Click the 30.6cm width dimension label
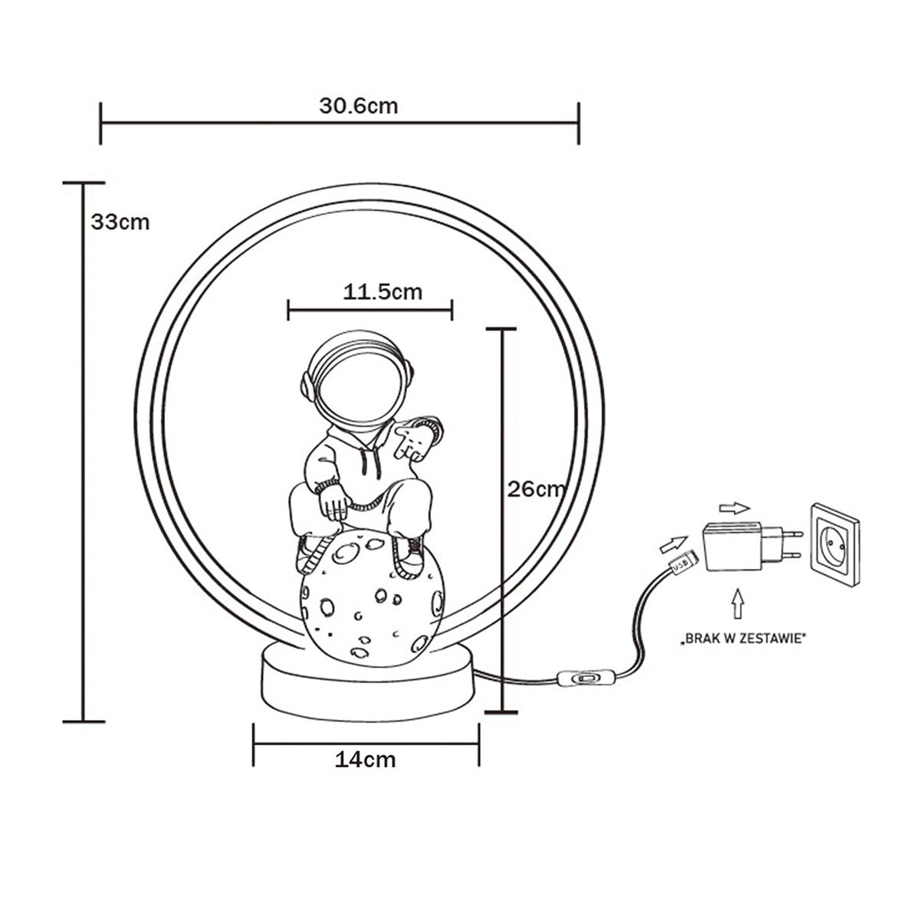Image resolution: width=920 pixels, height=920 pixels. (358, 106)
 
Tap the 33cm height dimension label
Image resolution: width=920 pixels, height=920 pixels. (120, 222)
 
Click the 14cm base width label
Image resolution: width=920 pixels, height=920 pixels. (365, 760)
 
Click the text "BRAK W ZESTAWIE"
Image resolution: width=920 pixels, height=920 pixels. (744, 637)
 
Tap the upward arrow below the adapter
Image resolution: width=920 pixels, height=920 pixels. (739, 603)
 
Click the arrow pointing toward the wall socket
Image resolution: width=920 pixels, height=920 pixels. (734, 507)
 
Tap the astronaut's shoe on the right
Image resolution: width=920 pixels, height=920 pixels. (409, 554)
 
